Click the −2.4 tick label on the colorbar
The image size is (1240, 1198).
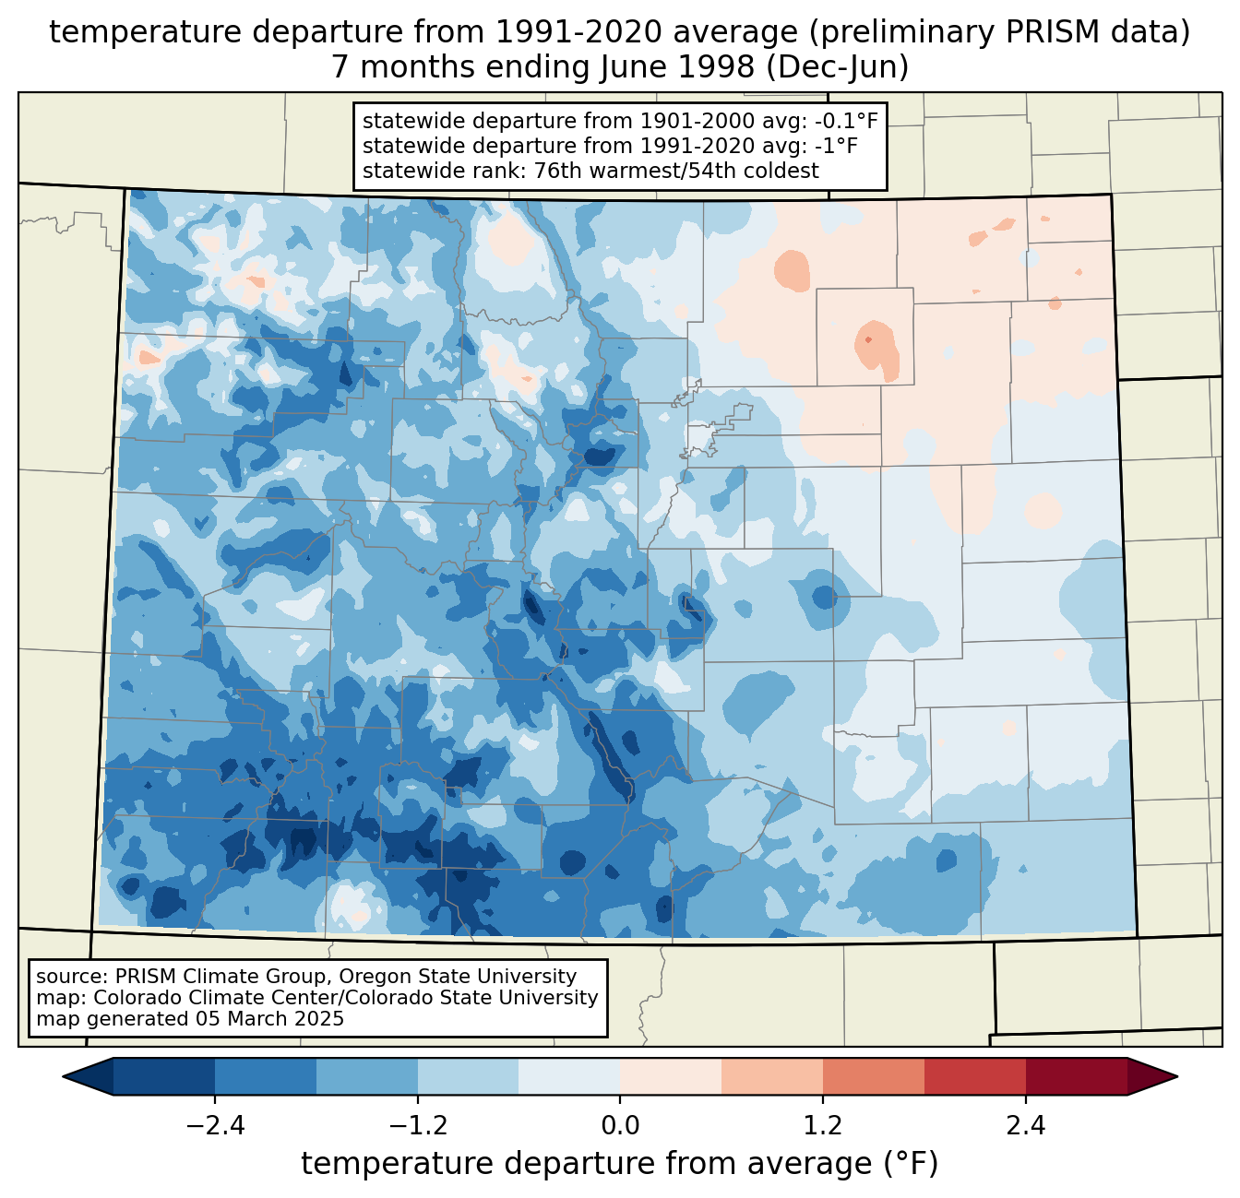click(215, 1126)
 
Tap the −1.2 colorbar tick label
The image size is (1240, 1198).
click(417, 1126)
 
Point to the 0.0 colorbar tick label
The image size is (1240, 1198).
click(620, 1126)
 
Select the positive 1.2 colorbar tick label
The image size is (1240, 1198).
click(822, 1126)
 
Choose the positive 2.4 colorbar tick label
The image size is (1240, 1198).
click(1025, 1126)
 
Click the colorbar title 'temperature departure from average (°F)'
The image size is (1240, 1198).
click(620, 1164)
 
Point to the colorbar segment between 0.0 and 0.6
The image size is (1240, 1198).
click(671, 1076)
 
